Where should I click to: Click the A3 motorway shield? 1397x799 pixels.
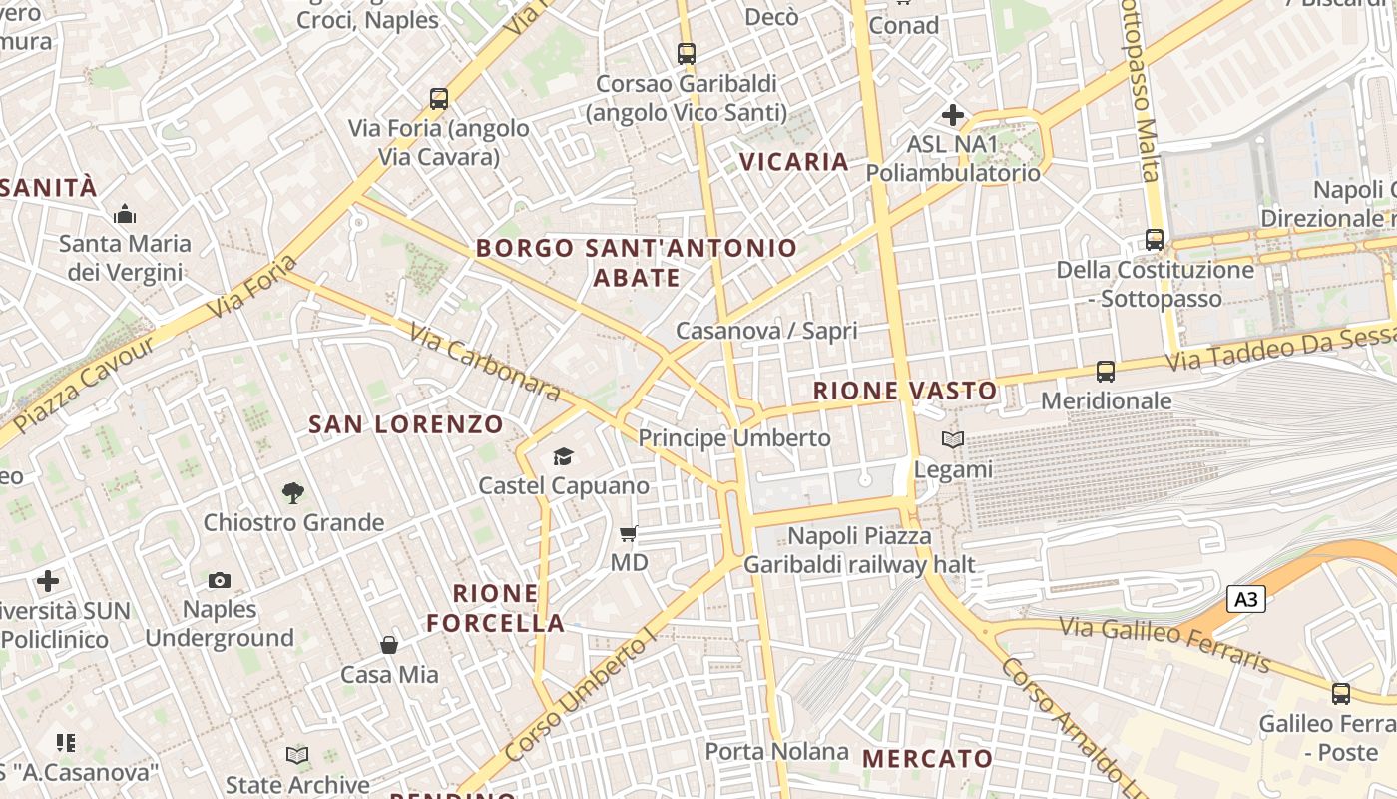(1246, 599)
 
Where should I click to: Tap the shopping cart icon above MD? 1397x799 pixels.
(629, 533)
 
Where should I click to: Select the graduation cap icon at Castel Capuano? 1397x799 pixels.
(564, 456)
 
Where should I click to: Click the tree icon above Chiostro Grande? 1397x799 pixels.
(292, 491)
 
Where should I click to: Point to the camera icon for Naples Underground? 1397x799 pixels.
(220, 580)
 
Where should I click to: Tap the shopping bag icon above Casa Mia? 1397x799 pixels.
(389, 645)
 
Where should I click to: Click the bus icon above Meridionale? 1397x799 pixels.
(1105, 372)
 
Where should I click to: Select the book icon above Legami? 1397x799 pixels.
(953, 439)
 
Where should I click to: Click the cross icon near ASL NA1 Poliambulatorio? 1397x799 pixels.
(953, 115)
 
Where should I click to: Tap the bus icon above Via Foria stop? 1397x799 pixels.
(439, 98)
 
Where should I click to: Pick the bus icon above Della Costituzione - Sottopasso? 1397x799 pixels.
(1155, 240)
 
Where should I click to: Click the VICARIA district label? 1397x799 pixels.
(794, 161)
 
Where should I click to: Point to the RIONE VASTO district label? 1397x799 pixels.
(905, 391)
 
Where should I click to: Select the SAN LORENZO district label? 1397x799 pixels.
(406, 424)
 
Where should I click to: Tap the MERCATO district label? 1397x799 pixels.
(928, 759)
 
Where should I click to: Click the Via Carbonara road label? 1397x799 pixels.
(485, 362)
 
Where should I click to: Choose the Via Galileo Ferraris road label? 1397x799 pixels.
(1164, 645)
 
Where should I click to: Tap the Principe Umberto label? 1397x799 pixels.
(734, 438)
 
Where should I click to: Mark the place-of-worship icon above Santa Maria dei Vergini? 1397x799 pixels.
(125, 214)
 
